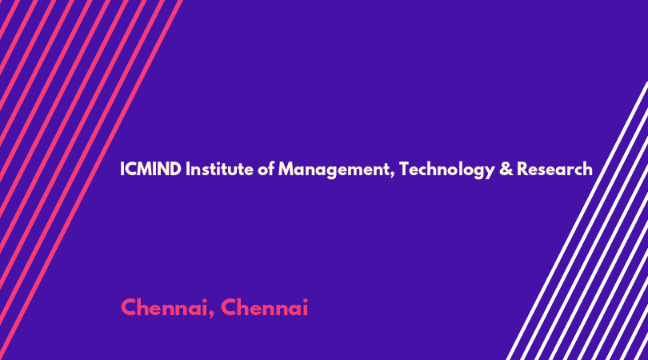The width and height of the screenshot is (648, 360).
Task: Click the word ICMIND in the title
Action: tap(150, 169)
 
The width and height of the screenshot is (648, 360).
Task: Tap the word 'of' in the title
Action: tap(266, 169)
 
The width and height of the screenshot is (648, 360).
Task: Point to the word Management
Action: tap(334, 170)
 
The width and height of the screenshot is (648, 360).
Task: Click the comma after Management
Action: tap(392, 175)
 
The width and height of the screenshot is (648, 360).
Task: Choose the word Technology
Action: tap(446, 170)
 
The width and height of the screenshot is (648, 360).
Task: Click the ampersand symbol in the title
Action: tap(506, 170)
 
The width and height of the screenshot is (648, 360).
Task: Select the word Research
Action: tap(554, 169)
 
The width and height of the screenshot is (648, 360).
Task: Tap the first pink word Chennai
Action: tap(164, 307)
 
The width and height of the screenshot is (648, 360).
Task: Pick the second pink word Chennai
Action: tap(265, 307)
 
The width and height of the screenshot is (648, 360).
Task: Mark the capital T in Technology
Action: tap(403, 169)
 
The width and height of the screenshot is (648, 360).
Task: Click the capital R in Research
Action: tap(522, 169)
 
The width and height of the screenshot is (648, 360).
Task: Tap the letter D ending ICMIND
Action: tap(175, 169)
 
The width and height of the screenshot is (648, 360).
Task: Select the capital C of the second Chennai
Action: tap(229, 307)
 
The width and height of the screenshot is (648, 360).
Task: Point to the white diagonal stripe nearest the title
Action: tap(577, 221)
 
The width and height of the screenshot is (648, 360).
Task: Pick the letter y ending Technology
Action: tap(490, 172)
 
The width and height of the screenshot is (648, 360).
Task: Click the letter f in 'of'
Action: tap(270, 169)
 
